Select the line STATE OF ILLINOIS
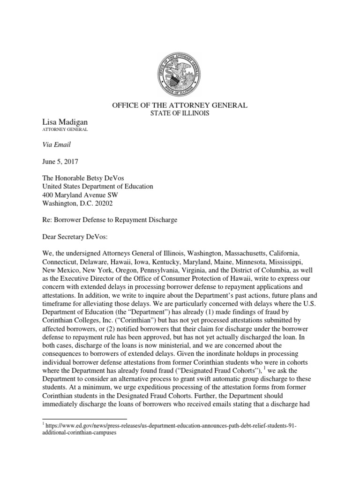(180, 113)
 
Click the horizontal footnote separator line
(84, 419)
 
